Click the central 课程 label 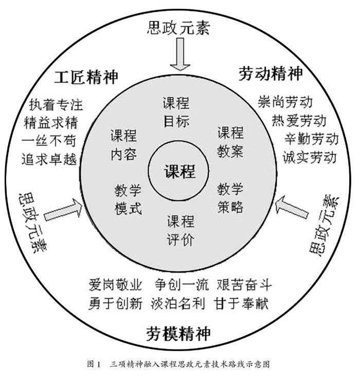click(x=179, y=170)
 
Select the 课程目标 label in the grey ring click(x=176, y=111)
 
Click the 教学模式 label click(x=128, y=200)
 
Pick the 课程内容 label click(x=123, y=145)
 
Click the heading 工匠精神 click(x=86, y=77)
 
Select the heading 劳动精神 click(x=271, y=74)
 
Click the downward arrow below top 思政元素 click(x=179, y=55)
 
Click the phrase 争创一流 click(x=182, y=285)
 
